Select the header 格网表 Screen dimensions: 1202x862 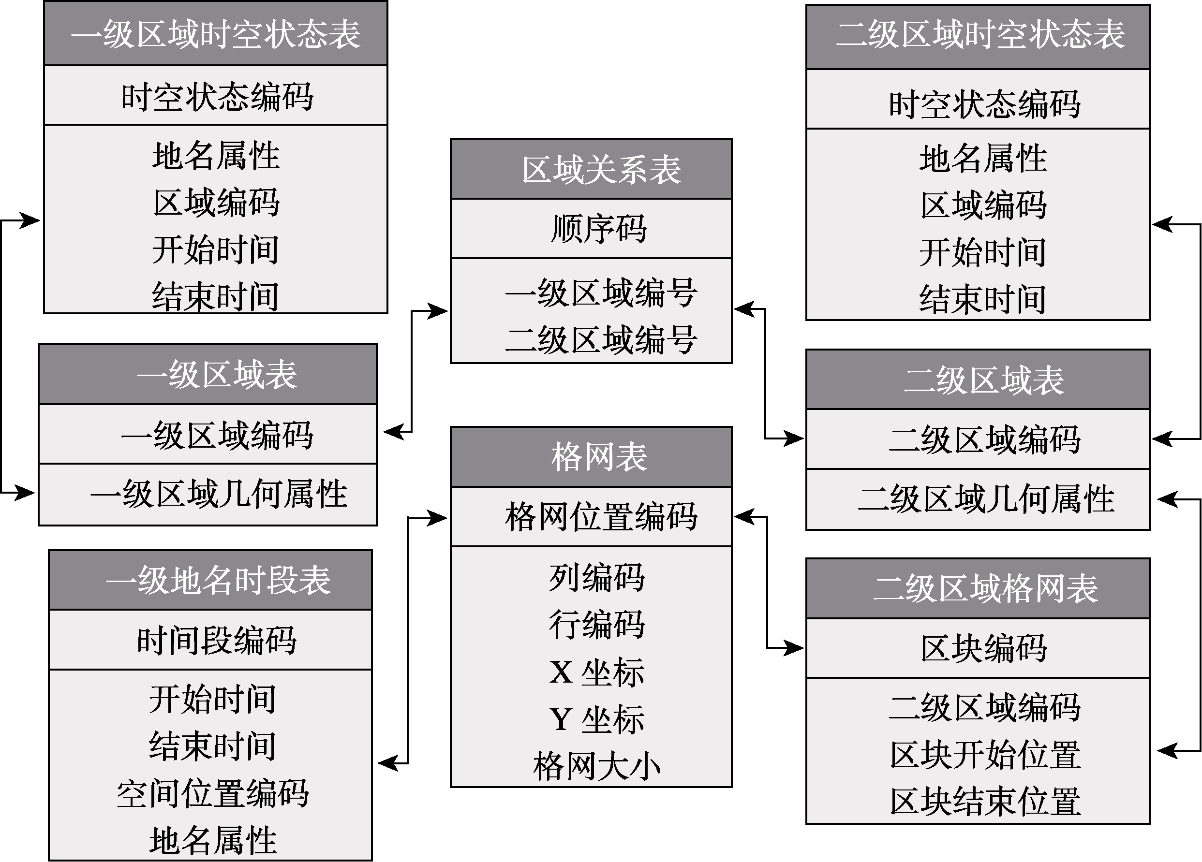click(x=599, y=457)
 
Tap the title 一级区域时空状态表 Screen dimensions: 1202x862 click(x=216, y=34)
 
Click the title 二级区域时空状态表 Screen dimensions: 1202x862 click(x=980, y=34)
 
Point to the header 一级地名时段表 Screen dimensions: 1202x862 click(x=218, y=580)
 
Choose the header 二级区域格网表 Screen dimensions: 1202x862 click(x=985, y=588)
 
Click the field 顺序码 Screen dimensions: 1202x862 click(x=599, y=229)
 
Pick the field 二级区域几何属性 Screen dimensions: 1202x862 click(x=986, y=498)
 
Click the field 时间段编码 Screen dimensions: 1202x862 click(x=217, y=640)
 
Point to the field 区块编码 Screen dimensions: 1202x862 click(x=984, y=648)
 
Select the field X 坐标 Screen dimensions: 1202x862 click(x=597, y=672)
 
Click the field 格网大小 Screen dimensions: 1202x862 click(x=597, y=766)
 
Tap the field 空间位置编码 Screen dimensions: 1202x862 click(x=213, y=793)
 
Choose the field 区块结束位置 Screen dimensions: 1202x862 click(x=985, y=801)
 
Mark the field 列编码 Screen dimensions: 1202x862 click(x=597, y=578)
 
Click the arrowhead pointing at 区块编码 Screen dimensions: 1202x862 click(x=794, y=647)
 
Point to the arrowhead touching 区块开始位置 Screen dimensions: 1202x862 click(x=1167, y=750)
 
